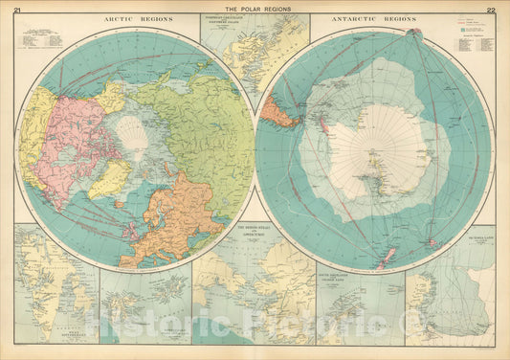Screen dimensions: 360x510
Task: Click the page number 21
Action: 17,9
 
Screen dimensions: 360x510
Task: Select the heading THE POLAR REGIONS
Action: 255,9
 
